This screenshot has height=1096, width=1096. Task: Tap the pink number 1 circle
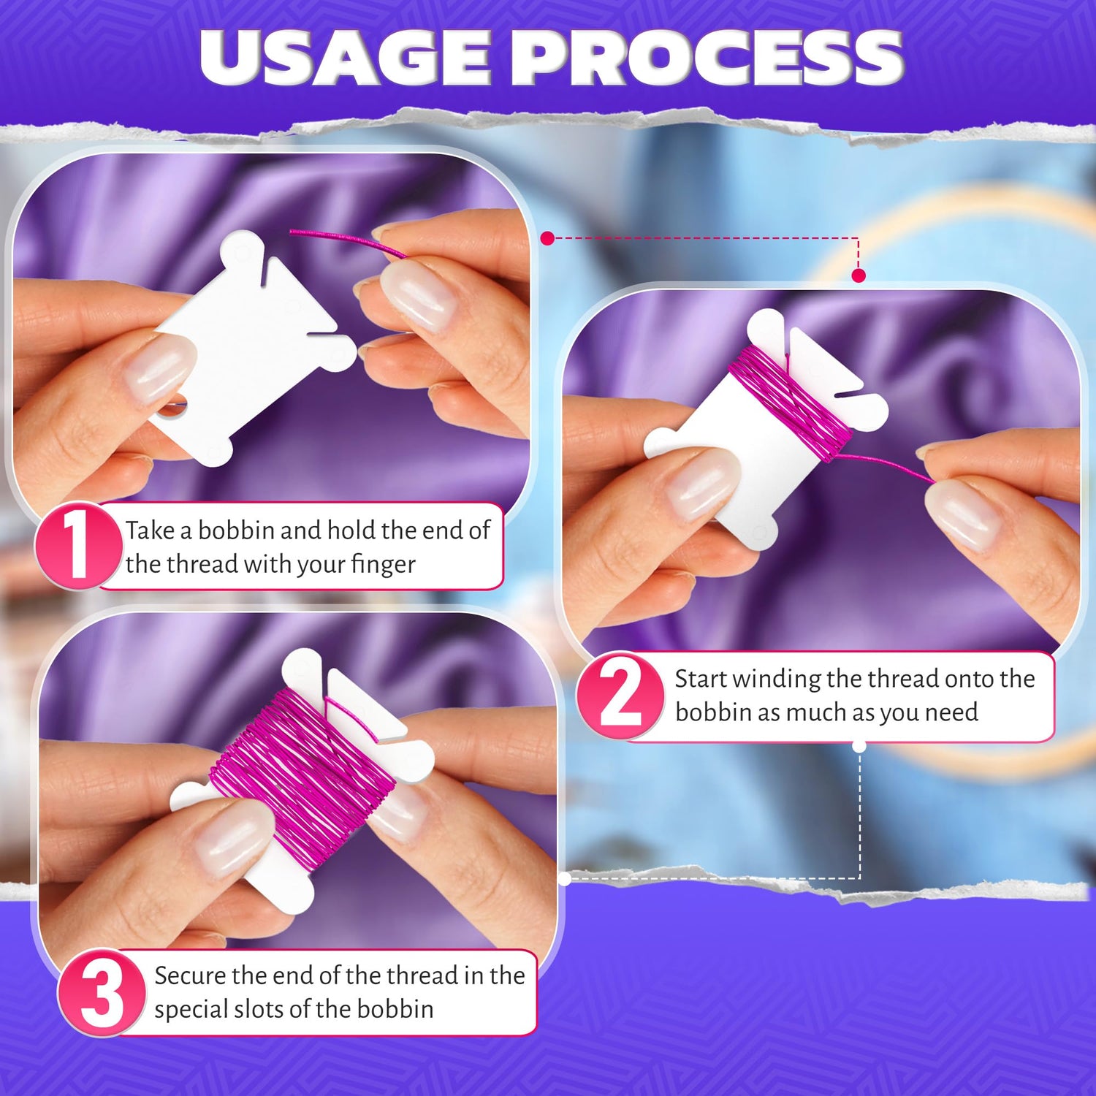click(78, 546)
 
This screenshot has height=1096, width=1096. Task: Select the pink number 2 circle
click(620, 695)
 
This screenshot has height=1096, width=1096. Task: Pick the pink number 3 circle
click(102, 992)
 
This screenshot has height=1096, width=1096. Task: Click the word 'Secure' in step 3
click(190, 975)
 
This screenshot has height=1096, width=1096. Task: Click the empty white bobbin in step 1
click(252, 347)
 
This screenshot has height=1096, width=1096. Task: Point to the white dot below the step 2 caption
click(859, 746)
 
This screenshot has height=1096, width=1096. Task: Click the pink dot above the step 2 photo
click(859, 275)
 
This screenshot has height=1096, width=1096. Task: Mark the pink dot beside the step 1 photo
click(547, 237)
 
